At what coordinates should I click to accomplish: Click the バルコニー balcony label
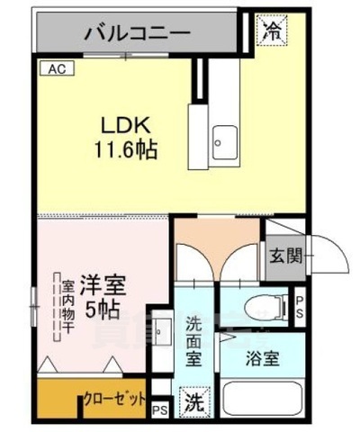(137, 34)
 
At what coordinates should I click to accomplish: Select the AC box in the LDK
(56, 68)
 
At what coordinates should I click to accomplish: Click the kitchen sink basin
(221, 139)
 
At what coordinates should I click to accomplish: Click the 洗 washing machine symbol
(193, 400)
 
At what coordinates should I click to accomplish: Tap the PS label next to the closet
(159, 410)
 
